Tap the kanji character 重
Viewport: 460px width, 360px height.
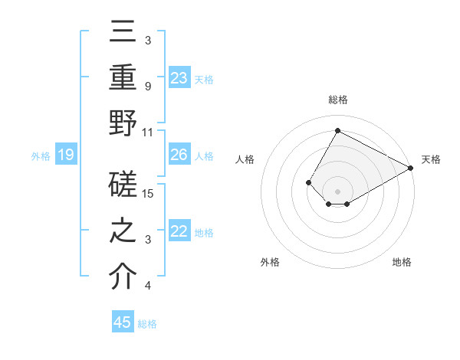tap(123, 78)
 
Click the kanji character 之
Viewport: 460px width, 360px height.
tap(123, 232)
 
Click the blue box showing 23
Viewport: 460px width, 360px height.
tap(179, 78)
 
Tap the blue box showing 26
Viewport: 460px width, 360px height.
tap(179, 155)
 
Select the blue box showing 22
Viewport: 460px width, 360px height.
tap(179, 232)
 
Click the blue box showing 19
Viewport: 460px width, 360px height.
tap(65, 155)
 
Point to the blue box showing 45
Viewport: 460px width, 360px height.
tap(123, 322)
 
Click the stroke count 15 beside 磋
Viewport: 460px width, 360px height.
tap(149, 194)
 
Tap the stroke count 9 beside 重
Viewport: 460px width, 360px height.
tap(147, 86)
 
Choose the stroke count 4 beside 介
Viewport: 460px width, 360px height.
tap(147, 286)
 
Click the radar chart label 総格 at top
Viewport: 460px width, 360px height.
tap(338, 100)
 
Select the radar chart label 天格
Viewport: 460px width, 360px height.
tap(431, 159)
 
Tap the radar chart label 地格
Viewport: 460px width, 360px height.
tap(402, 262)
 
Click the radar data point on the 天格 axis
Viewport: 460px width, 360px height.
tap(411, 168)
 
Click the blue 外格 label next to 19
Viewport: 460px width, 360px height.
tap(41, 156)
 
